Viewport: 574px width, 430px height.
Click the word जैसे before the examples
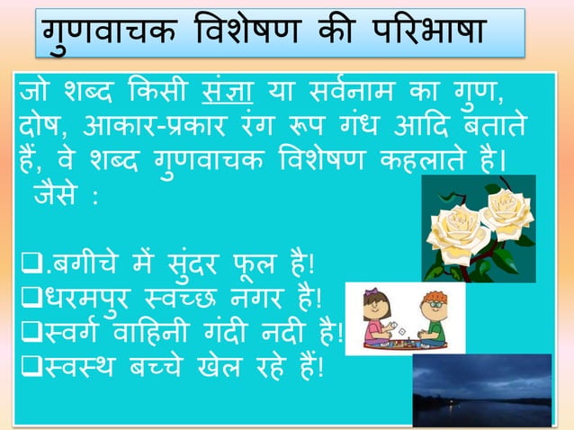coord(61,198)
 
